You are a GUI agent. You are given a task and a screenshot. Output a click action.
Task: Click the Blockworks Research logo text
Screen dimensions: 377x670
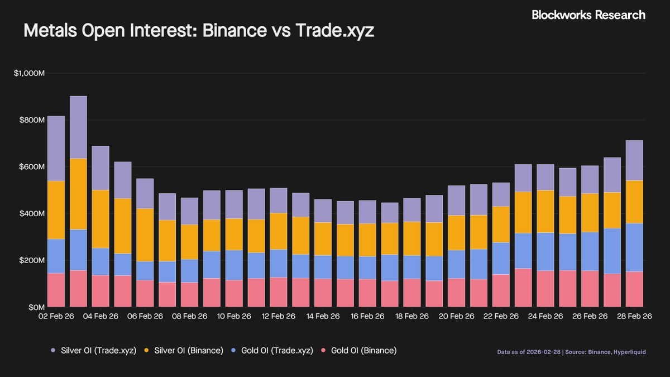click(588, 15)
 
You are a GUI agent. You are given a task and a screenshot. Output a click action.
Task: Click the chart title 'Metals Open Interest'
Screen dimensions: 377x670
click(199, 31)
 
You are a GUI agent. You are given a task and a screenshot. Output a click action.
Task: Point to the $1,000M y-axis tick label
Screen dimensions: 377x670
click(29, 73)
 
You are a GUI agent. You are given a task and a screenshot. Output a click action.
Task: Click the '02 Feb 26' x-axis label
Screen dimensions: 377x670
click(56, 316)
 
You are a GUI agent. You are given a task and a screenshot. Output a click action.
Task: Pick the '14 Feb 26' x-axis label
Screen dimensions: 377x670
click(323, 316)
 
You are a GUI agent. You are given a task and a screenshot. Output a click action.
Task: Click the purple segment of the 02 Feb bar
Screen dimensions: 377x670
click(56, 149)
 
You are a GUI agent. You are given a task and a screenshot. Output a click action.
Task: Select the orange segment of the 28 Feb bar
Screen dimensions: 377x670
click(634, 202)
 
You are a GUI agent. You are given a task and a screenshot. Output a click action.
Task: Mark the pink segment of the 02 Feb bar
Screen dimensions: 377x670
click(56, 290)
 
